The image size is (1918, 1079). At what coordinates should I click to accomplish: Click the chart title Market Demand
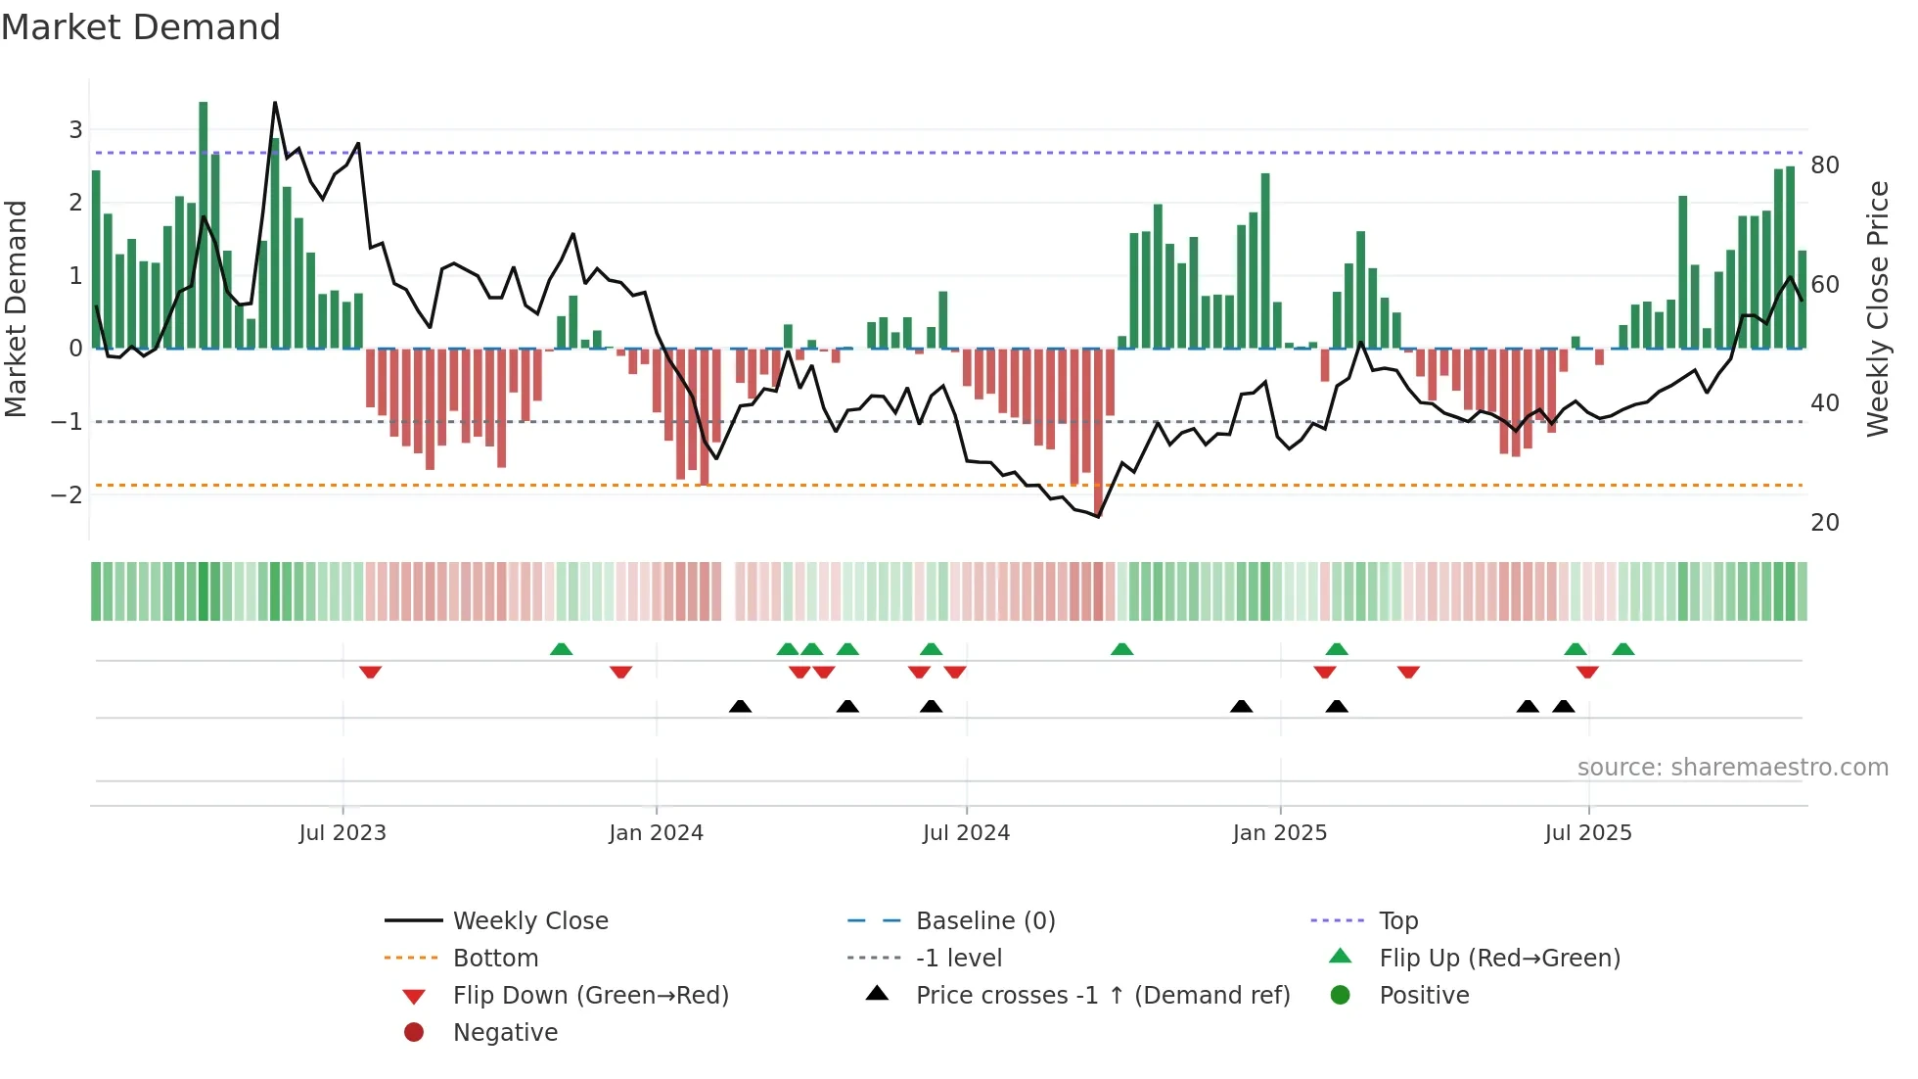click(x=141, y=27)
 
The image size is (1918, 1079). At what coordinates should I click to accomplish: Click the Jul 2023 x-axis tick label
click(x=342, y=833)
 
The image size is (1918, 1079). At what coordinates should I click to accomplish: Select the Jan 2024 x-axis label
click(x=656, y=833)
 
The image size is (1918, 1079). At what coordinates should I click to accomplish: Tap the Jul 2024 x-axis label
click(x=966, y=833)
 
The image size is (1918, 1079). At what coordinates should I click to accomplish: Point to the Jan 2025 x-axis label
click(x=1279, y=833)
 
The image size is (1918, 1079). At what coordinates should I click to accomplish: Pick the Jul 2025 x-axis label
click(x=1588, y=833)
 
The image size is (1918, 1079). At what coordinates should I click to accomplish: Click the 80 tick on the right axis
click(x=1824, y=165)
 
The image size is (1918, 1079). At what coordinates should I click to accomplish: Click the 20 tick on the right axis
click(x=1824, y=523)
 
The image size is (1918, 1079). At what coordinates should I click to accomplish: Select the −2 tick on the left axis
click(x=67, y=494)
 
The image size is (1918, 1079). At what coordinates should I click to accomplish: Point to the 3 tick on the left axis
click(x=75, y=129)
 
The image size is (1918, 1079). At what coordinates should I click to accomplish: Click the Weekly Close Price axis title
click(x=1877, y=308)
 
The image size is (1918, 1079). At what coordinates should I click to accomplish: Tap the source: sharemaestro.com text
click(x=1732, y=768)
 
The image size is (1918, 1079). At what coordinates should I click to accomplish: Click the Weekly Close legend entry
click(x=529, y=921)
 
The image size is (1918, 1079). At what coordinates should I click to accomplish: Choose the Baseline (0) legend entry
click(x=984, y=921)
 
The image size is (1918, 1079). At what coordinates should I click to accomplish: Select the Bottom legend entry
click(x=495, y=959)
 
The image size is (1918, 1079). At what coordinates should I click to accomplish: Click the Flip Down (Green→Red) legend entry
click(x=590, y=996)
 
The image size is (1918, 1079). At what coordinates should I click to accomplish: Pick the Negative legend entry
click(x=505, y=1033)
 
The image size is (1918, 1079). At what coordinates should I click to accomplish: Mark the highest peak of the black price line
click(x=275, y=103)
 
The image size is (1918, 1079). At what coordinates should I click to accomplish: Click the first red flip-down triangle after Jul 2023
click(x=370, y=673)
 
